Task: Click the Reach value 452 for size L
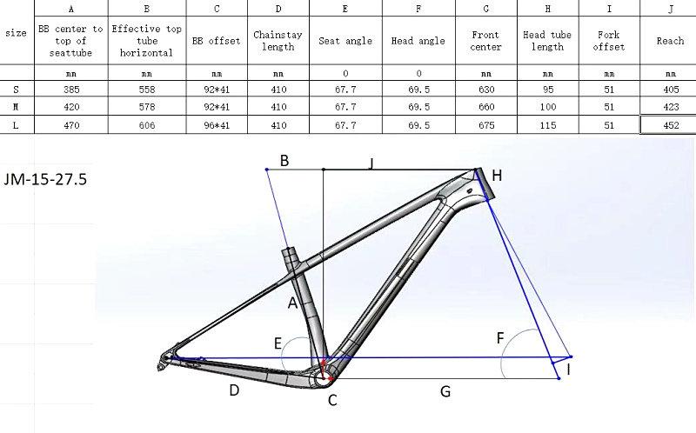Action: [x=670, y=124]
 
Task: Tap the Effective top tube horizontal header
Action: [x=147, y=41]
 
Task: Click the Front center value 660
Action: [x=485, y=107]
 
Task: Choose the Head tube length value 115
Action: [x=547, y=124]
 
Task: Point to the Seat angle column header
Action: [x=345, y=41]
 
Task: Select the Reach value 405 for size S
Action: [x=670, y=89]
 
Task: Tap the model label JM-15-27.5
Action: [x=44, y=180]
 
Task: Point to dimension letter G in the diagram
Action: [x=445, y=391]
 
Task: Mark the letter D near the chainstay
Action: [x=234, y=390]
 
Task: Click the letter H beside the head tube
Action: [x=497, y=176]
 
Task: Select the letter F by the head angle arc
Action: [x=500, y=337]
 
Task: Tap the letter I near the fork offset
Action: [x=569, y=370]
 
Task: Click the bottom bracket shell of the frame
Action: [x=325, y=377]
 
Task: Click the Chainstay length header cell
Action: [x=278, y=41]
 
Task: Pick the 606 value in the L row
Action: [x=147, y=124]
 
